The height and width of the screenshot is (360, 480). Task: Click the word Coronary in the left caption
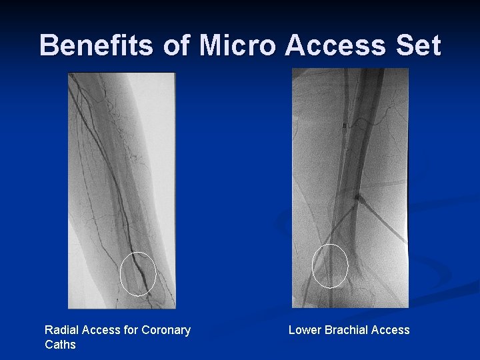point(167,330)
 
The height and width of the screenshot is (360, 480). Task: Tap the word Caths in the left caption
point(60,345)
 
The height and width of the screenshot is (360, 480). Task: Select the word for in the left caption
point(131,330)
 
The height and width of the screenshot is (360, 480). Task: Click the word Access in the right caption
point(392,330)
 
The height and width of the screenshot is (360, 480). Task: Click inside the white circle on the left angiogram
point(138,273)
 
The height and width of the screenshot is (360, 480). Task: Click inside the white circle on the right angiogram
point(330,265)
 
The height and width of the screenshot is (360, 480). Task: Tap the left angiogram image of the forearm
point(121,167)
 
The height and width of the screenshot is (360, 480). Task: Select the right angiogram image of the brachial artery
point(350,167)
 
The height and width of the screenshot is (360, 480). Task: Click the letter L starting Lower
point(292,330)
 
